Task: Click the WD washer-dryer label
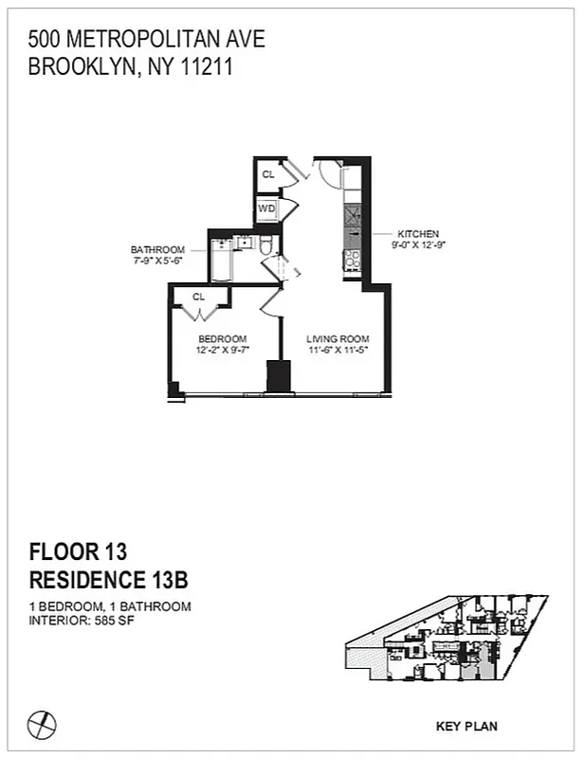(267, 208)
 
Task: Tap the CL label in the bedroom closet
(199, 297)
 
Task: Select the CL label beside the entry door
(268, 174)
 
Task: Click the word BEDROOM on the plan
(222, 339)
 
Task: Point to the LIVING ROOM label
(338, 339)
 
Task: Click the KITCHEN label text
(418, 234)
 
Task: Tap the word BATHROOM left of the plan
(157, 250)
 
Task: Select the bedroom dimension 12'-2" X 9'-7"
(222, 351)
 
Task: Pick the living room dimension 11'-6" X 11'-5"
(338, 351)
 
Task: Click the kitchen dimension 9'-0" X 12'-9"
(418, 244)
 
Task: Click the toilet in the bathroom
(267, 249)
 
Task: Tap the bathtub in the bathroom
(220, 263)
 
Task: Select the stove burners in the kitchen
(351, 258)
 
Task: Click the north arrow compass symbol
(42, 725)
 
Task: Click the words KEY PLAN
(466, 727)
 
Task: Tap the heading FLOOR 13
(79, 552)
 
